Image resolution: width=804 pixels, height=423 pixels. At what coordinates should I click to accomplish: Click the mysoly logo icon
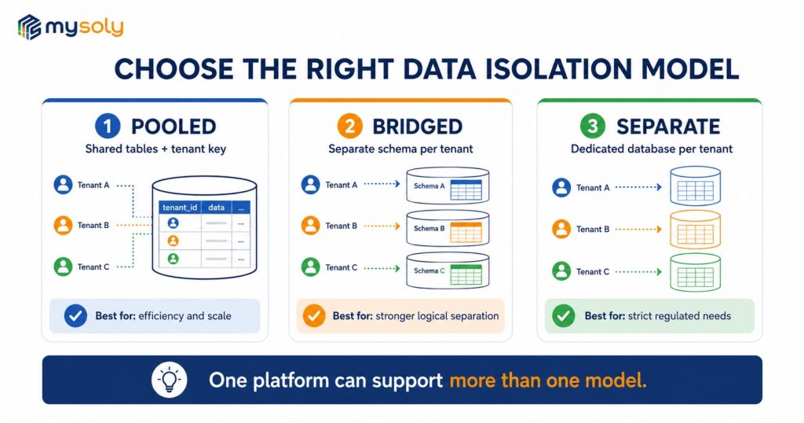[x=29, y=27]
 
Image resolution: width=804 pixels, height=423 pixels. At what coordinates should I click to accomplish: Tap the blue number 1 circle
[x=108, y=127]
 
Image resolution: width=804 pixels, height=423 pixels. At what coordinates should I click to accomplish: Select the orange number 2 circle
[x=349, y=127]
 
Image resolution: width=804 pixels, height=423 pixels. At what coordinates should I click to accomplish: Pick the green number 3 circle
[x=593, y=127]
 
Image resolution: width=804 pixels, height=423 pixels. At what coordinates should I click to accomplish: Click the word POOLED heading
[x=174, y=127]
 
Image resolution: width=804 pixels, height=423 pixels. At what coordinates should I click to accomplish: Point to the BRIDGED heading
[x=418, y=127]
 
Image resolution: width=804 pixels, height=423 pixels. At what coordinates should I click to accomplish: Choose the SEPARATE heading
[x=668, y=127]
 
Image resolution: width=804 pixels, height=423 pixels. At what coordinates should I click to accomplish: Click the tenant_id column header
[x=180, y=208]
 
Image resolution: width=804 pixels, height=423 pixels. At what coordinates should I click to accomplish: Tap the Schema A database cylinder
[x=448, y=186]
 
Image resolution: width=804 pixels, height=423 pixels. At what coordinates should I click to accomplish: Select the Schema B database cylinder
[x=448, y=228]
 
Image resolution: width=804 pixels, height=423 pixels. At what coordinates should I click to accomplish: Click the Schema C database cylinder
[x=448, y=270]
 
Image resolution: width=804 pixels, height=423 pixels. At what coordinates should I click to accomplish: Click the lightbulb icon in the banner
[x=170, y=381]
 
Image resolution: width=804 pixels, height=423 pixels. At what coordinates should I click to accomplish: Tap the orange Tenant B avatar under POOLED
[x=63, y=226]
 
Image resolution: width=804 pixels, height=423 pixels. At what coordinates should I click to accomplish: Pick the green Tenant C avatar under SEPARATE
[x=561, y=271]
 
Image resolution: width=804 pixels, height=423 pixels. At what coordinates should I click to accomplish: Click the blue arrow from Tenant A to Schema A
[x=382, y=184]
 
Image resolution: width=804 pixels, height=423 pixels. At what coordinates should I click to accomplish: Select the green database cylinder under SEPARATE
[x=696, y=273]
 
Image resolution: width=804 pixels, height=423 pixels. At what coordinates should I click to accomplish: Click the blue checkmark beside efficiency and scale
[x=75, y=316]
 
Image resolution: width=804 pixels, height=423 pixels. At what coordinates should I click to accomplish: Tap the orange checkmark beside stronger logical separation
[x=314, y=316]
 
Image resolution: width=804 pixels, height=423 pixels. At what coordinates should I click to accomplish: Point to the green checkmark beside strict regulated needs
[x=564, y=316]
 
